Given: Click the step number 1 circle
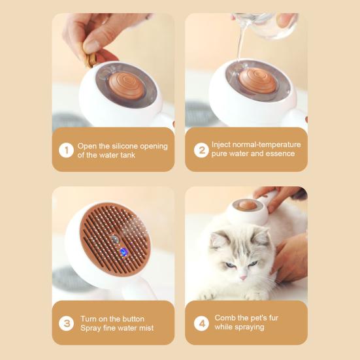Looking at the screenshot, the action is click(x=66, y=150).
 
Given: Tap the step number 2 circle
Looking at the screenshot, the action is click(x=201, y=150).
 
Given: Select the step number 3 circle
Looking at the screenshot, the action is click(x=66, y=323).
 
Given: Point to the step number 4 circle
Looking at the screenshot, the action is click(x=201, y=323).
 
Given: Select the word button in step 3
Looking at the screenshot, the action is click(x=133, y=319).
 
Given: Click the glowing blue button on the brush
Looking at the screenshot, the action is click(x=123, y=252).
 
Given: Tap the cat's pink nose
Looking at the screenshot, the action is click(x=242, y=278).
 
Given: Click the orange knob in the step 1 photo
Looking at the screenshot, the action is click(x=125, y=86).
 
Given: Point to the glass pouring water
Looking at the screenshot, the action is click(x=265, y=25).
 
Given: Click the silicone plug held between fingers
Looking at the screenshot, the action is click(x=91, y=60).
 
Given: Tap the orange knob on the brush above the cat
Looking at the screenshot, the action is click(x=247, y=205).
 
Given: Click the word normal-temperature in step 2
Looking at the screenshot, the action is click(x=256, y=144).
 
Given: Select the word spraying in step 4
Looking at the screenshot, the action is click(x=251, y=327).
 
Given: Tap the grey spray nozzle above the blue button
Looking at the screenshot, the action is click(x=115, y=239).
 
